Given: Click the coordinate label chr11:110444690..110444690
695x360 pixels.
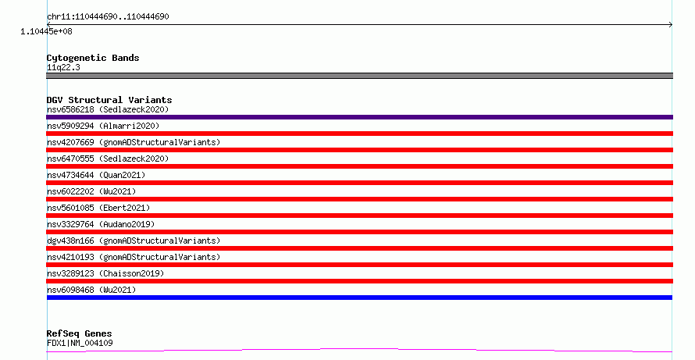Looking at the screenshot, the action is coord(108,16).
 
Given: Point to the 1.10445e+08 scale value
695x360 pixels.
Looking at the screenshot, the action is coord(46,31).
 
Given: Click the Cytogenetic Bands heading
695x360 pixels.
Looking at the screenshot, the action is coord(93,58).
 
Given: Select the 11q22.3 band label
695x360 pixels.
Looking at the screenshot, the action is coord(63,67).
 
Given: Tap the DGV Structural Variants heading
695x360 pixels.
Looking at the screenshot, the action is coord(109,100).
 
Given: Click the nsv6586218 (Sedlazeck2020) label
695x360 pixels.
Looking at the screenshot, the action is coord(108,109).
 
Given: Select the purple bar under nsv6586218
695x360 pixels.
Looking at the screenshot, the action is coord(359,117).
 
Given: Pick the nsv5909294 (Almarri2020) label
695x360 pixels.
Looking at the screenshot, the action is coord(103,126).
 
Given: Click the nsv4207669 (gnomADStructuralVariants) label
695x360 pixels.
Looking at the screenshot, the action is coord(134,142).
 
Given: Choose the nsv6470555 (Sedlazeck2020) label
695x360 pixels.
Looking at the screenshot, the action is coord(108,159).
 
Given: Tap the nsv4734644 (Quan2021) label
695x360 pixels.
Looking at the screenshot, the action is coord(96,175).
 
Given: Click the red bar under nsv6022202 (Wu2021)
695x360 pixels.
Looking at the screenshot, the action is coord(359,199).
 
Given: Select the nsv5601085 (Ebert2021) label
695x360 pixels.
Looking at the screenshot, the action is coord(98,208).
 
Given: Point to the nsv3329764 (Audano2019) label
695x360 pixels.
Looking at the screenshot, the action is coord(101,224).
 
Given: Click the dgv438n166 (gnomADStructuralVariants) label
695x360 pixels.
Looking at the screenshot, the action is coord(134,241).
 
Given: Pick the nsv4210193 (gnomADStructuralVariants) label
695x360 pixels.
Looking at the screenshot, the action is coord(134,257).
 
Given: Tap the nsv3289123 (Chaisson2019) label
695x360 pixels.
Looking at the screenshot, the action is coord(105,273).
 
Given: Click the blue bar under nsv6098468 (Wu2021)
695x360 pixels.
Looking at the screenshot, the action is coord(359,298).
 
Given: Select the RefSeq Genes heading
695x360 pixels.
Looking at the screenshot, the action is coord(80,333).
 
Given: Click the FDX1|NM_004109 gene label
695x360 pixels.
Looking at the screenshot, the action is coord(80,343).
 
